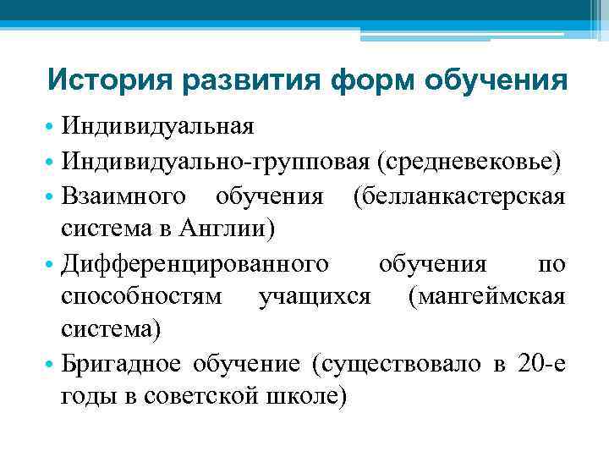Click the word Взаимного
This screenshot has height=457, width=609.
124,196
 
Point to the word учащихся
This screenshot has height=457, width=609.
315,297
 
